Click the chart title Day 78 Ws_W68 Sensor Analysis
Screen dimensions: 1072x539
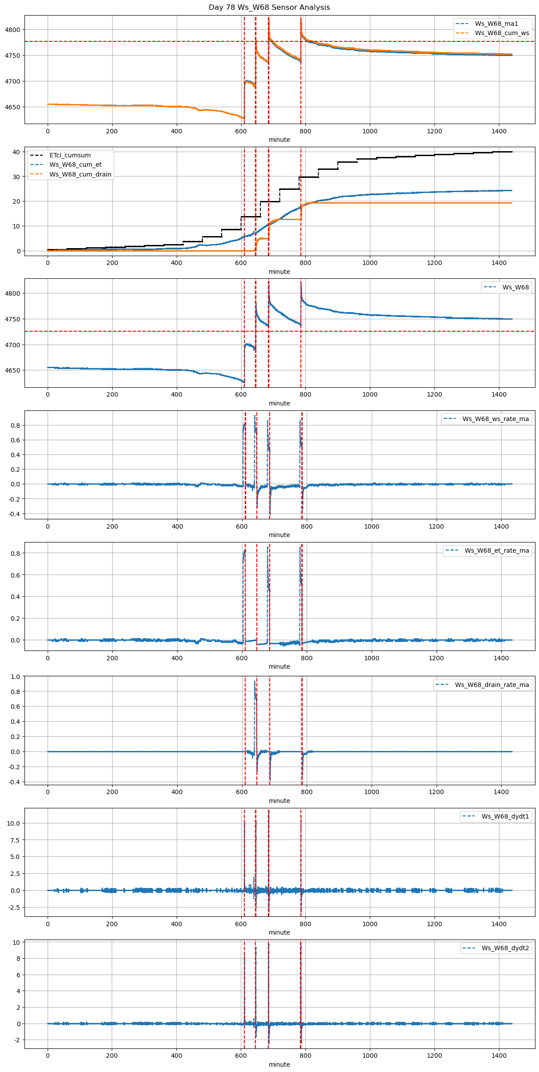click(269, 7)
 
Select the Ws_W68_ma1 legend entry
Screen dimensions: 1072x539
click(496, 24)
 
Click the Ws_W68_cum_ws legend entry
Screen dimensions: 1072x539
click(502, 33)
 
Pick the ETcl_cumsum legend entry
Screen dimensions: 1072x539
click(70, 155)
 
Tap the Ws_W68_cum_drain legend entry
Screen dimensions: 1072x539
click(80, 174)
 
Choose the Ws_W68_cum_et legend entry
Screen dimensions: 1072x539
click(75, 165)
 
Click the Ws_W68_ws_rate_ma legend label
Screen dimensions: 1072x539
click(495, 419)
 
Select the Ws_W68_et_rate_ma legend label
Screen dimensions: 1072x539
click(497, 550)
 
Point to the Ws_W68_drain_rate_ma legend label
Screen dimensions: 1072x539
click(492, 685)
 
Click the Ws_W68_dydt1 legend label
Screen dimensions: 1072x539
click(505, 816)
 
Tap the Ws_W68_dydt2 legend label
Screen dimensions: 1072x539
click(505, 948)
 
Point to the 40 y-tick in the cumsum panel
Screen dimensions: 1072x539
click(16, 152)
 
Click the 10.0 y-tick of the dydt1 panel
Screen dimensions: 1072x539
click(13, 823)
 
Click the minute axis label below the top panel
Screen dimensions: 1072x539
click(279, 140)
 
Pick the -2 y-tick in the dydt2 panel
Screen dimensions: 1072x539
click(16, 1040)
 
